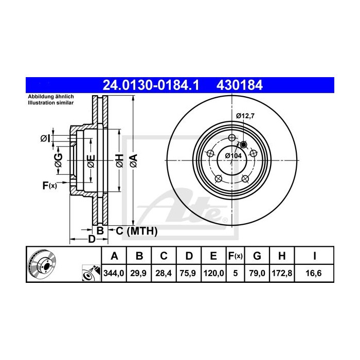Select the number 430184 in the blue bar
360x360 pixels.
click(242, 85)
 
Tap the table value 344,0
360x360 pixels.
click(114, 274)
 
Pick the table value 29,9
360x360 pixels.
click(139, 274)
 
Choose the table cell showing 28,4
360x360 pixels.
click(164, 274)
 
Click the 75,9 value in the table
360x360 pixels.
click(189, 274)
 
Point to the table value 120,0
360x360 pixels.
click(213, 274)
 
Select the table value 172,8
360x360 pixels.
click(284, 274)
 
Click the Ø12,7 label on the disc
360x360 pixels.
click(245, 116)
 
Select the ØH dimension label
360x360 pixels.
click(119, 160)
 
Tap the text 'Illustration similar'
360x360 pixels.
click(51, 103)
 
